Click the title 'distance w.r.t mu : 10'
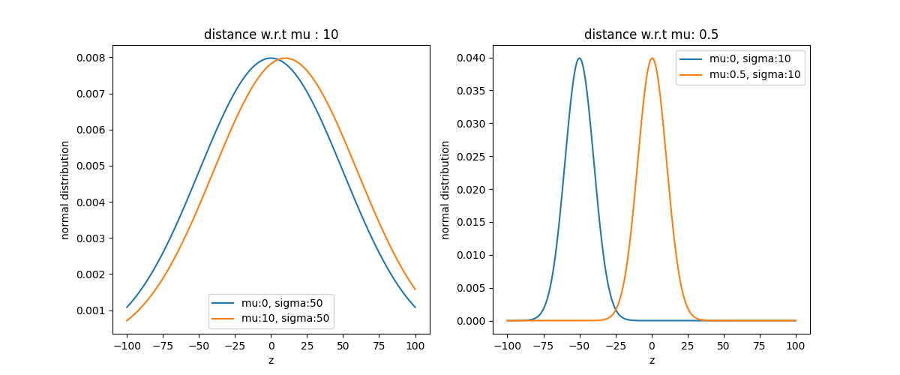271,34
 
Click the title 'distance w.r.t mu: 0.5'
651,34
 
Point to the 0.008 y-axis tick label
91,58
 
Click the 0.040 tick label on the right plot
471,58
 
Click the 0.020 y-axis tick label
471,189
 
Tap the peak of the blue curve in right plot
579,58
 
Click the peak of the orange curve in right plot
652,58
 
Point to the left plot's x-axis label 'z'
271,361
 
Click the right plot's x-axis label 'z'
652,361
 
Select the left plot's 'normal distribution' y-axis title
64,190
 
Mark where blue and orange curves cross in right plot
616,309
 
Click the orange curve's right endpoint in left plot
415,289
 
